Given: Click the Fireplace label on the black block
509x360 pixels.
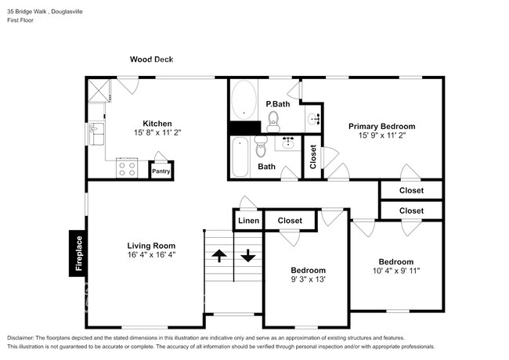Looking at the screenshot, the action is click(x=79, y=254).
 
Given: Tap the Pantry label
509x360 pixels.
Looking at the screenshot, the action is click(x=161, y=171).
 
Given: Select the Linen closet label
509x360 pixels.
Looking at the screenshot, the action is click(x=249, y=221).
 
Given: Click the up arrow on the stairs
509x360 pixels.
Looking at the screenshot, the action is click(x=219, y=256).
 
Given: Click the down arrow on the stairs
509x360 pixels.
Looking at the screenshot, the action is click(x=248, y=256).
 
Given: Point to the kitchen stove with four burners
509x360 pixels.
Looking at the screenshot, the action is click(x=127, y=168).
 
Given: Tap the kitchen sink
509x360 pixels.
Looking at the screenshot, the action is click(x=96, y=134).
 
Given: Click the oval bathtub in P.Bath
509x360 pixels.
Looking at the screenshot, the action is click(x=244, y=100).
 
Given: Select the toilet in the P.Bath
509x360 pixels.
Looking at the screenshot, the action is click(x=273, y=121).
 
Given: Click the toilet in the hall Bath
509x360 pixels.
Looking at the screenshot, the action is click(x=261, y=146).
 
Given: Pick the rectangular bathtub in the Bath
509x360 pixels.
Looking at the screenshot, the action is click(x=240, y=157).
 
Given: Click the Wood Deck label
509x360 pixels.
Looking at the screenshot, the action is click(x=152, y=59).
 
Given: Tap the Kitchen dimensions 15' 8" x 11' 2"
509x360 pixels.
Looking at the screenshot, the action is click(x=157, y=132).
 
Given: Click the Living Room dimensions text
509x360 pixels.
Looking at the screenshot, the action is click(x=151, y=254).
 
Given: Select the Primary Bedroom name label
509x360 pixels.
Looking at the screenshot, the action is click(x=382, y=127).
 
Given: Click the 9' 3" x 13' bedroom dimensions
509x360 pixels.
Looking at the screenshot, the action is click(x=309, y=279).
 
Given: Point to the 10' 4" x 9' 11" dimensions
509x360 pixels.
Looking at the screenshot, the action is click(x=396, y=271).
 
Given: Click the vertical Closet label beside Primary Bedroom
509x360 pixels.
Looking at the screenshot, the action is click(x=313, y=157).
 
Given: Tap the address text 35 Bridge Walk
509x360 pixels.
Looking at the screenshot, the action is click(x=27, y=12).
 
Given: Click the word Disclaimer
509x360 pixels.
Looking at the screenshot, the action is click(x=20, y=338).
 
